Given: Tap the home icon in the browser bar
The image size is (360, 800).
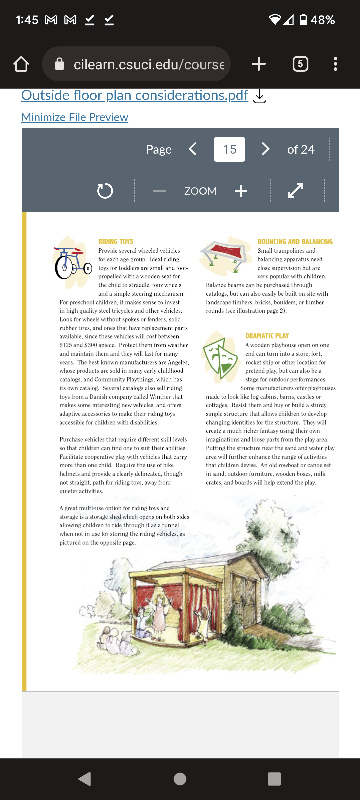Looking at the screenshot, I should point(21,64).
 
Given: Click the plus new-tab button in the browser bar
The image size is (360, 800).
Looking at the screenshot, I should point(259,64).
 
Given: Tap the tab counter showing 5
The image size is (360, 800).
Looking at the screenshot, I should point(300,64).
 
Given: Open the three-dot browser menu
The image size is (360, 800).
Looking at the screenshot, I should point(335,64).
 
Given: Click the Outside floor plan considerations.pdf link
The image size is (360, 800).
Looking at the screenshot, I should point(135,95).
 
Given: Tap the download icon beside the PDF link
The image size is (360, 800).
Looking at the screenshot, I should point(259,97).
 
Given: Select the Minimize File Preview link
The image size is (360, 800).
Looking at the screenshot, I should point(75,117).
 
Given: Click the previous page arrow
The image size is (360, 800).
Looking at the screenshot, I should point(193,149).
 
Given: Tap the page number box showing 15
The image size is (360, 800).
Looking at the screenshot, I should point(229,149).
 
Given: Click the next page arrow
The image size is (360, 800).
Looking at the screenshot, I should point(265,149).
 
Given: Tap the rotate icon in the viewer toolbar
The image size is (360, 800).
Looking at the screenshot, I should point(105,191).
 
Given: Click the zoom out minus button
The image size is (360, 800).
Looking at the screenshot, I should point(159,191).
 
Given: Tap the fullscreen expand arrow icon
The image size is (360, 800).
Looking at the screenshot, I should point(295,191).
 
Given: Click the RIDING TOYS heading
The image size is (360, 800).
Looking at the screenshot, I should point(116,241).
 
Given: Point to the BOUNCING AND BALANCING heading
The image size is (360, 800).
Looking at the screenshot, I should point(295,241).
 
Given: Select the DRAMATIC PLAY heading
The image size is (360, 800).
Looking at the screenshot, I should point(267,336).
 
